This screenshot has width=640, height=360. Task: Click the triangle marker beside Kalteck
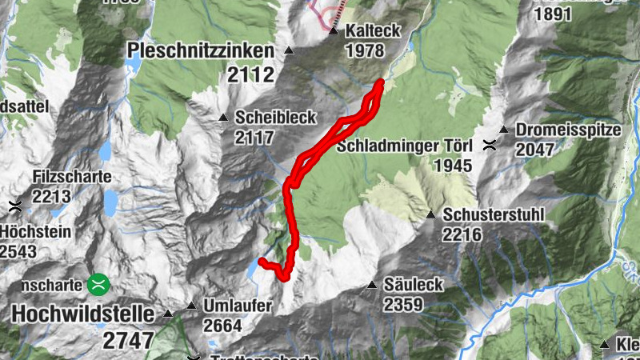point(334,32)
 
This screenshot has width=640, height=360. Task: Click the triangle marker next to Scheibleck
point(224,118)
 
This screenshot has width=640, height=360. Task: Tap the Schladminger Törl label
point(405,146)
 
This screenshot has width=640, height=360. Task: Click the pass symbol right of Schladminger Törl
point(489,146)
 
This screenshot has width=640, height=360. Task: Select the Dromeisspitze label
point(563,130)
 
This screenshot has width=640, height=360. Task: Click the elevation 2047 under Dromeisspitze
point(535,150)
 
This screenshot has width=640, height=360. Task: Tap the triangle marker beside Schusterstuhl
point(430,214)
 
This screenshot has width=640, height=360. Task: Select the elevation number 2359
point(402,305)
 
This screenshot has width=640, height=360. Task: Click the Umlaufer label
point(238,306)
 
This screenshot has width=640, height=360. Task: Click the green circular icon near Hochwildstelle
point(99,282)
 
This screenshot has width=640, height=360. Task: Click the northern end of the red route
point(381,82)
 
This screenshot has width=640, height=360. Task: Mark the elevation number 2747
point(128,339)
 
